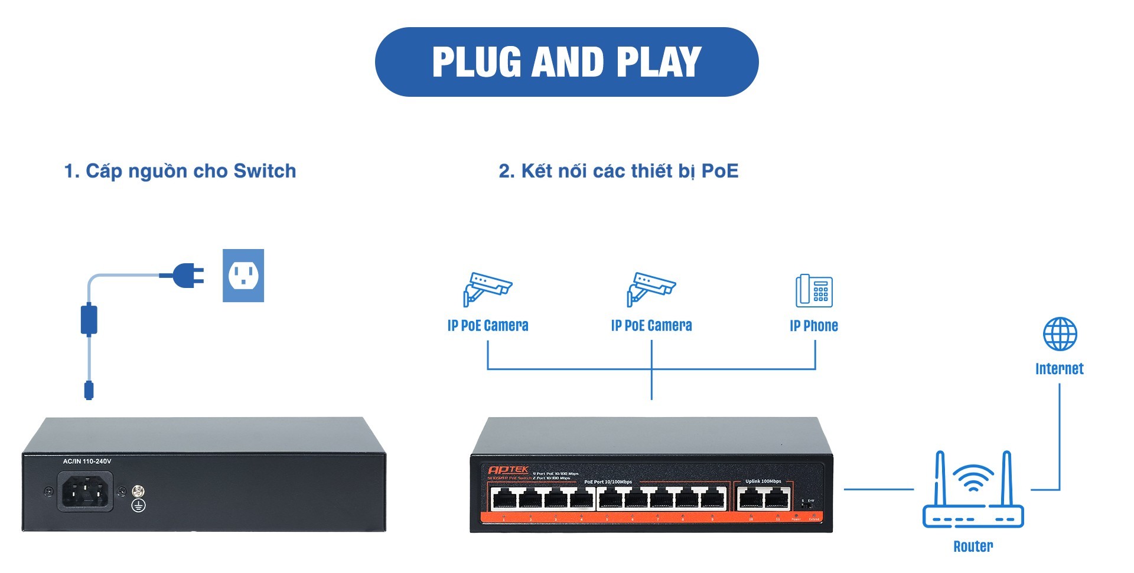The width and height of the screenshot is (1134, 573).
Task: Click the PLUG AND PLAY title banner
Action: tap(566, 62)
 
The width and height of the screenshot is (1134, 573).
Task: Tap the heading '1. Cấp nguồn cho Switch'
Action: tap(180, 171)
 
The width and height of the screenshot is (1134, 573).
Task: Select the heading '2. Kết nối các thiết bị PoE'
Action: tap(618, 171)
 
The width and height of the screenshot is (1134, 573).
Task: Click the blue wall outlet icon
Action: tap(243, 276)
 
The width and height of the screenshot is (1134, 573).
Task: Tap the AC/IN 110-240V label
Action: tap(87, 461)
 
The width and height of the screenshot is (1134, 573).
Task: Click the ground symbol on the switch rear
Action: tap(138, 506)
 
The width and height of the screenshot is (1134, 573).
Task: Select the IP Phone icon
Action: tap(814, 290)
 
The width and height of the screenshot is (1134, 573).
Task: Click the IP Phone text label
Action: tap(814, 326)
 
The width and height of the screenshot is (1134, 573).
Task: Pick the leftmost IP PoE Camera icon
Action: tap(487, 289)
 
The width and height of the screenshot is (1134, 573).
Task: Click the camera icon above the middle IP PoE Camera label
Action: tap(651, 289)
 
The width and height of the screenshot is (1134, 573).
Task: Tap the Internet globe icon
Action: tap(1060, 334)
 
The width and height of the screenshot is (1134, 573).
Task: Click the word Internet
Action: tap(1060, 369)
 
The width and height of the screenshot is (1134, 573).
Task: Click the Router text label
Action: tap(973, 546)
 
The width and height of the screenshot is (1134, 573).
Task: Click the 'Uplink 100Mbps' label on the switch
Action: tap(763, 482)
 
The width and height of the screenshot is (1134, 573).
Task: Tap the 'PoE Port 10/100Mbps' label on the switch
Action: tap(608, 482)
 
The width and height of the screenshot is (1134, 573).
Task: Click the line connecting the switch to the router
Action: tap(878, 489)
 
